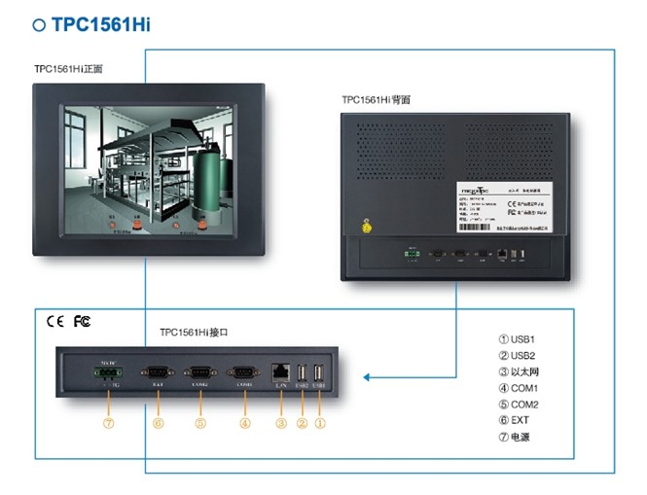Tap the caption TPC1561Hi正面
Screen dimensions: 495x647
click(x=68, y=69)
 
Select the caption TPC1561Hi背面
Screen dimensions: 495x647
click(x=376, y=99)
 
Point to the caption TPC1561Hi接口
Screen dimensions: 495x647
click(x=194, y=331)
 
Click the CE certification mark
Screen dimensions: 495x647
click(x=54, y=320)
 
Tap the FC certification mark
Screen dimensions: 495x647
click(x=82, y=320)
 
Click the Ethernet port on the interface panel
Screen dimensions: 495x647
click(x=280, y=371)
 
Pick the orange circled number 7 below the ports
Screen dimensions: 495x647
click(x=108, y=424)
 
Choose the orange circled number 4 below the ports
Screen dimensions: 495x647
click(x=244, y=424)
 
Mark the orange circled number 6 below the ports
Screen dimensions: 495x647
click(x=157, y=424)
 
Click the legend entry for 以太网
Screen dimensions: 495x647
click(x=520, y=371)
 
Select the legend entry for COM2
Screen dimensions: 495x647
click(x=519, y=404)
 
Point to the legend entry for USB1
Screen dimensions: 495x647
click(x=517, y=338)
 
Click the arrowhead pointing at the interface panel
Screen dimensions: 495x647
click(x=367, y=376)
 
